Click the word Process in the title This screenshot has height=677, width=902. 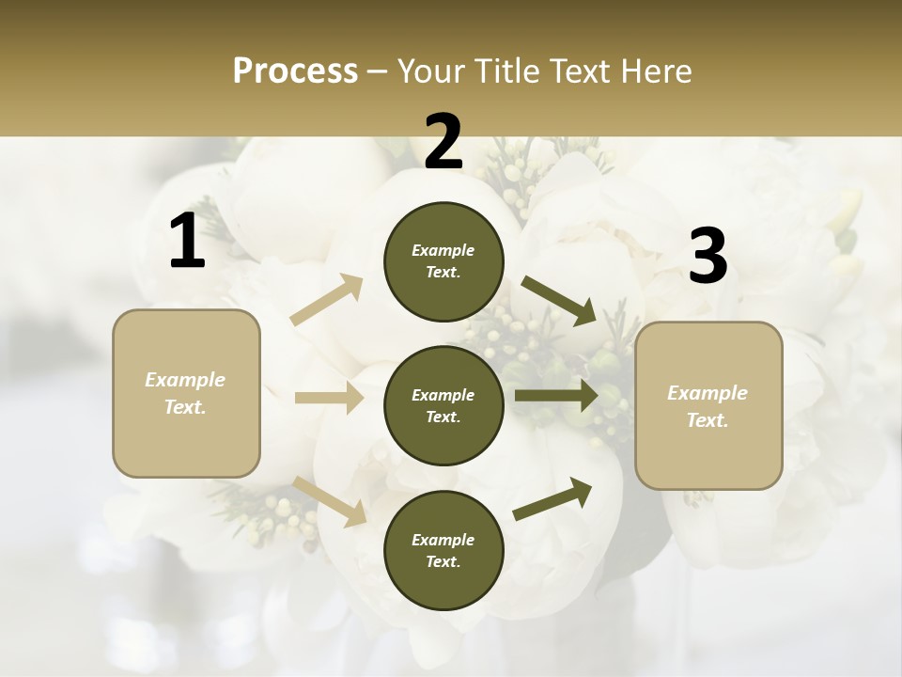[x=295, y=71]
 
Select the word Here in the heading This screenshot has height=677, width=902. [x=654, y=71]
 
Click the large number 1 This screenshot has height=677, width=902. [x=187, y=242]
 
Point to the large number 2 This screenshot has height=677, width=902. [x=443, y=142]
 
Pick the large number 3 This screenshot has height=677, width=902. [x=708, y=257]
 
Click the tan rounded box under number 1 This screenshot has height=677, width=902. [x=186, y=393]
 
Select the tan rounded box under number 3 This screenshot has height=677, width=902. [x=708, y=406]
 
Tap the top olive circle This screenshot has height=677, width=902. [x=443, y=261]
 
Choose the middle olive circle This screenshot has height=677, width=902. [x=443, y=406]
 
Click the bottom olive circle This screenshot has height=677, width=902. [x=443, y=551]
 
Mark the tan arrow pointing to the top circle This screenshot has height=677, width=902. [x=326, y=300]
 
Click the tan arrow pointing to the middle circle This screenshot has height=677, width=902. [x=329, y=399]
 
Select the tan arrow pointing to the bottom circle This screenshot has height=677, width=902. [x=329, y=500]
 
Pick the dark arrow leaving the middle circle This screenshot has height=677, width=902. [x=555, y=396]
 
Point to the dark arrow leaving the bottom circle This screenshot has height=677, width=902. [x=552, y=498]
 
